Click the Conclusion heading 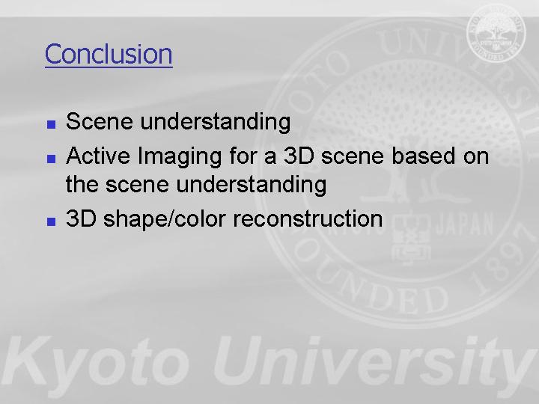[109, 54]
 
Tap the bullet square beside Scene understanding [51, 124]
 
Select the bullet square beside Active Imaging [51, 159]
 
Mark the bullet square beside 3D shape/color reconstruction [51, 221]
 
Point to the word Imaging [179, 157]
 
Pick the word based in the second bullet [423, 156]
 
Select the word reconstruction [308, 218]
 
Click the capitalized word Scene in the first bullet [100, 121]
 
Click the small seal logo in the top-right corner [496, 33]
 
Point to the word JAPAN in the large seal [465, 225]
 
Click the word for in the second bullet [243, 156]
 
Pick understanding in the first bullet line [216, 123]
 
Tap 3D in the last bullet [81, 218]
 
